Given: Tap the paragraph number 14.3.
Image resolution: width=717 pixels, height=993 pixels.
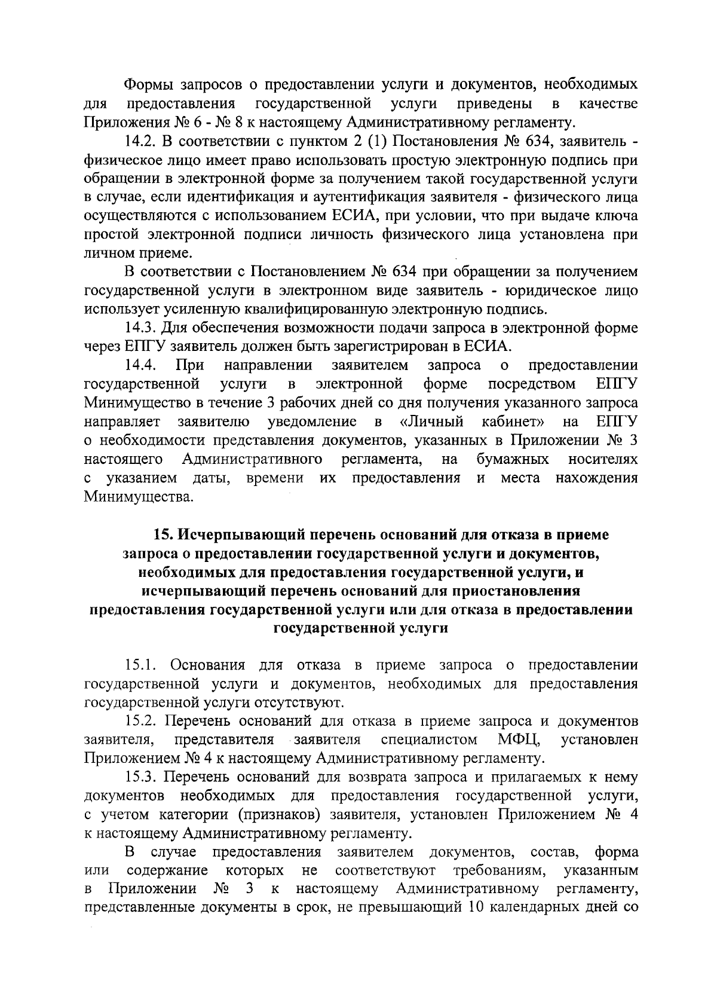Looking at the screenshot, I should point(141,328).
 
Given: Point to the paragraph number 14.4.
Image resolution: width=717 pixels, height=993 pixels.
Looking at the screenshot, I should point(141,365).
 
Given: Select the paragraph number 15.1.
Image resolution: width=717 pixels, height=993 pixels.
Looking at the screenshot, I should point(141,665).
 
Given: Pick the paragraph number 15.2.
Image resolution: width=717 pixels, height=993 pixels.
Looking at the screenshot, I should point(141,721).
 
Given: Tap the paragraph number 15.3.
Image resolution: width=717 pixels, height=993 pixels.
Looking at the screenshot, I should point(141,777).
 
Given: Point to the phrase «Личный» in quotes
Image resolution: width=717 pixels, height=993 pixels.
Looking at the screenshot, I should point(432,421).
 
